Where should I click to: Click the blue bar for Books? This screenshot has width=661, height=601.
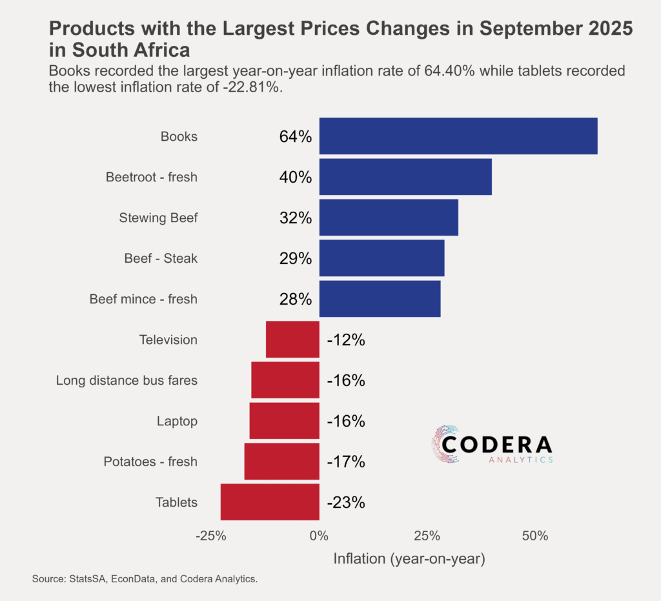click(458, 136)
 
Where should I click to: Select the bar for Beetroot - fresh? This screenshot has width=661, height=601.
click(405, 177)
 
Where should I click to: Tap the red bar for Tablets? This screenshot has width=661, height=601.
click(270, 502)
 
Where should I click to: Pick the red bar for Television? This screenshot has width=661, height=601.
click(292, 340)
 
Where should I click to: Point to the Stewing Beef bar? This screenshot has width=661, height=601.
click(389, 218)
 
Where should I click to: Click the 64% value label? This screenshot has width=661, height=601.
click(296, 137)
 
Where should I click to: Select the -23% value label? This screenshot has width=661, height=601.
click(346, 502)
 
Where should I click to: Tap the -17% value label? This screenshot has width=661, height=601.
click(346, 462)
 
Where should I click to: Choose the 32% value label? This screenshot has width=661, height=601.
click(296, 218)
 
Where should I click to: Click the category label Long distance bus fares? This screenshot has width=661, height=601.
click(127, 380)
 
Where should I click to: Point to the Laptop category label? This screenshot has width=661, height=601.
click(177, 421)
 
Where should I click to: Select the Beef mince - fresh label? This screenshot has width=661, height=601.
click(143, 299)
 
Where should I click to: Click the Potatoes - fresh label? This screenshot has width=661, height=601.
click(150, 462)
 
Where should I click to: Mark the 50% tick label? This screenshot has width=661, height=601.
click(535, 536)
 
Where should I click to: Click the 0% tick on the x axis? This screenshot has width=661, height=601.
click(319, 536)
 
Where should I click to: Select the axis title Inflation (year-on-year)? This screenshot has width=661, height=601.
click(409, 558)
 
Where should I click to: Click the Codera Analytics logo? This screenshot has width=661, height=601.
click(492, 445)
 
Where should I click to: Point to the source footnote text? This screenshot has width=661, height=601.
click(145, 579)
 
